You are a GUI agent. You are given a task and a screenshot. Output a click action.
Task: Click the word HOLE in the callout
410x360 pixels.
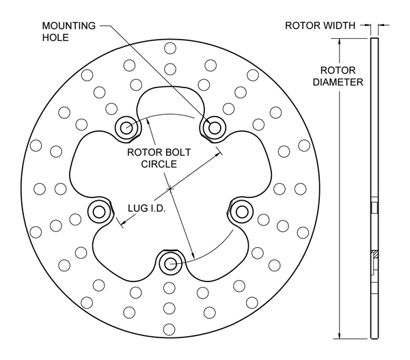click(x=55, y=38)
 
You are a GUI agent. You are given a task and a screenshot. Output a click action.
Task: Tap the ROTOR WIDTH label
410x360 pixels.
click(x=320, y=26)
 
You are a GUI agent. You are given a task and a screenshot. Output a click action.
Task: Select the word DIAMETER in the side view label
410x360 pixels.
click(x=338, y=82)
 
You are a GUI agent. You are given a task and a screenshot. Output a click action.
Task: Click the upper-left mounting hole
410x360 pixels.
click(x=126, y=126)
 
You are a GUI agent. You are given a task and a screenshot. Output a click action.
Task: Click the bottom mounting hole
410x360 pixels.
click(x=170, y=263)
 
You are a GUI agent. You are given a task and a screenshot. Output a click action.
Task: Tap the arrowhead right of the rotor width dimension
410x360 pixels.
click(x=380, y=25)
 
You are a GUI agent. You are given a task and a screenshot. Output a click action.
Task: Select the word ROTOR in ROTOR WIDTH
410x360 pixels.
click(x=301, y=26)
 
